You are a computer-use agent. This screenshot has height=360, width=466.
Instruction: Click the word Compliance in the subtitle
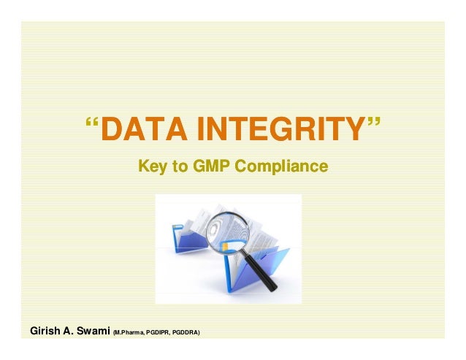click(x=281, y=168)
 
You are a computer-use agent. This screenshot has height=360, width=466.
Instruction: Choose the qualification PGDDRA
click(x=187, y=334)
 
